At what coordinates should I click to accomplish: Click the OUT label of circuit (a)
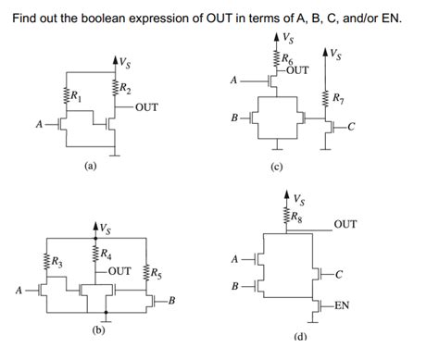tap(146, 108)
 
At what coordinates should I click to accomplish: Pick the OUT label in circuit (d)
tap(345, 223)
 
